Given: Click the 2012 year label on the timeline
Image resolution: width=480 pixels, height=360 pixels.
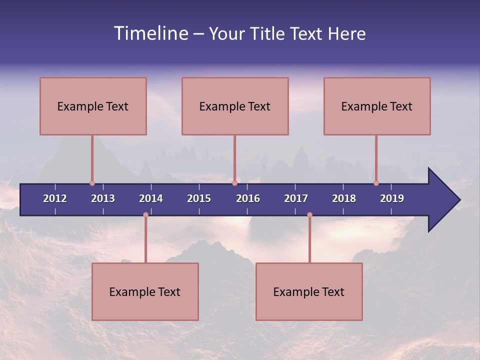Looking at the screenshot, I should [55, 198].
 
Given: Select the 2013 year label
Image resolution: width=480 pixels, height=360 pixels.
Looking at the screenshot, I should [103, 198].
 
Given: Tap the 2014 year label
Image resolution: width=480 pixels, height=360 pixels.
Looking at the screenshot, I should [151, 198].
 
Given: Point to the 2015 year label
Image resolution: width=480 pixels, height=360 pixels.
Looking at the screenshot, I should [199, 198].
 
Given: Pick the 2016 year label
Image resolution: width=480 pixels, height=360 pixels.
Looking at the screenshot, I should [248, 198].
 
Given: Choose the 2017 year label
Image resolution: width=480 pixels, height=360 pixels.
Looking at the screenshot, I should [296, 198].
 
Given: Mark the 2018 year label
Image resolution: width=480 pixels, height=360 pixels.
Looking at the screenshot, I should [344, 198].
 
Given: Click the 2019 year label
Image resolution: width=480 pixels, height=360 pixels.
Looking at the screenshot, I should [392, 198].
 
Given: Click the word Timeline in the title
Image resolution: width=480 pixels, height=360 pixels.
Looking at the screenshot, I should [150, 33].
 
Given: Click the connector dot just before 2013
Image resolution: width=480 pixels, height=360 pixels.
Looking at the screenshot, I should [92, 183].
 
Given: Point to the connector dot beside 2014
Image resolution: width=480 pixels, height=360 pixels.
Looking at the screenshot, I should [145, 215].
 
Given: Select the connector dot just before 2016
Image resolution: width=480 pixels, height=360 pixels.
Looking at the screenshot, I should [234, 183].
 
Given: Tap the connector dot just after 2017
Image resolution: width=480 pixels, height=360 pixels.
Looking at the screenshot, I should [309, 215].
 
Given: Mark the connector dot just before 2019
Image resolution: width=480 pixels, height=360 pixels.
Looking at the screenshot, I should [376, 183].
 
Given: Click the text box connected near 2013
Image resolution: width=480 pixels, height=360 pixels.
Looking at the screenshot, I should [93, 106].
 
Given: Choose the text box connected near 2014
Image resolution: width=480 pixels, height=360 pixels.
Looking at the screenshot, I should [145, 291].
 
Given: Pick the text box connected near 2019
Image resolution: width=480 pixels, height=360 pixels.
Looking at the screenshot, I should [377, 106].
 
